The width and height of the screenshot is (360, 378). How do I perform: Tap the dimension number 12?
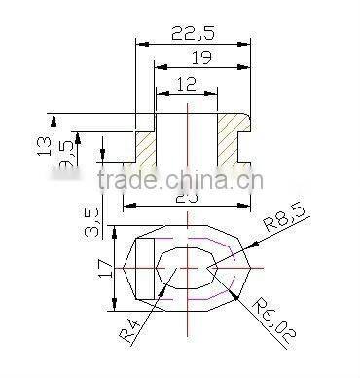pos(186,85)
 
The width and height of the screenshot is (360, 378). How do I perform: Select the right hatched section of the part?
pos(230,136)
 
